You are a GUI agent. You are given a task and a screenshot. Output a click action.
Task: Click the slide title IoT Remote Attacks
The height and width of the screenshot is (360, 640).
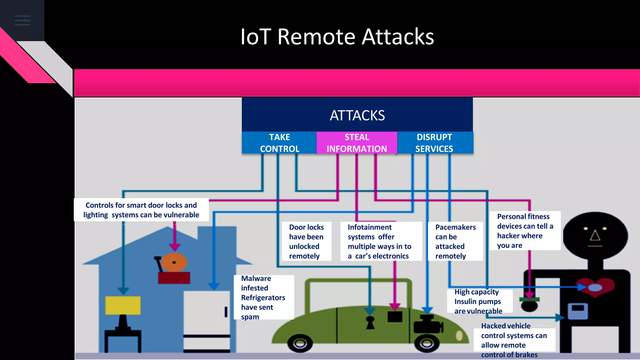(337, 37)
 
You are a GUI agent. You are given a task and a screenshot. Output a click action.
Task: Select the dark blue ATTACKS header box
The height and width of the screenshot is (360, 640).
(357, 115)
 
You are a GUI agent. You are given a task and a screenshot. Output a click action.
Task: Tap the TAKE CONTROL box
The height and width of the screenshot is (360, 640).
(279, 143)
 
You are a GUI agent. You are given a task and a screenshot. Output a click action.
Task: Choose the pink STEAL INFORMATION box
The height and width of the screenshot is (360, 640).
(357, 143)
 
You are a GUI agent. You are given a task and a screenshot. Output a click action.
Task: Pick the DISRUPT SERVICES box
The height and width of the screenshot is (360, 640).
(434, 143)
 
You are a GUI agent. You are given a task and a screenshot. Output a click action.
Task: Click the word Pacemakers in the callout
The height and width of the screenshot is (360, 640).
(455, 227)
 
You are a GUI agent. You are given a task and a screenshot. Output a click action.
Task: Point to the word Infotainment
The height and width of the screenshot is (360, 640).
(369, 227)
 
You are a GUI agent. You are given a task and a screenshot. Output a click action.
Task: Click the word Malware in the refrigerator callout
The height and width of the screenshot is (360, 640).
(256, 278)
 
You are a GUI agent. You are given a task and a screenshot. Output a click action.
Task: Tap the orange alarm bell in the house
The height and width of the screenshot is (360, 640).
(174, 262)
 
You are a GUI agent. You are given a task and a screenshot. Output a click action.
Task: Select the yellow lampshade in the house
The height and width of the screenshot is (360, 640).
(123, 305)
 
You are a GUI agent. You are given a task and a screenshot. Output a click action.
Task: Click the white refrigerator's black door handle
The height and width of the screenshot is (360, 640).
(226, 312)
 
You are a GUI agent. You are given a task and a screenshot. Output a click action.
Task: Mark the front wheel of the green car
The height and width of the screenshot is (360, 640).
(427, 343)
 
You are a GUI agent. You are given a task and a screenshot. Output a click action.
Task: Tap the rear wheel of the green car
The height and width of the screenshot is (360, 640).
(300, 343)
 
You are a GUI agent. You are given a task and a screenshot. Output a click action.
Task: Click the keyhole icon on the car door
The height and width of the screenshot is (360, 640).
(370, 322)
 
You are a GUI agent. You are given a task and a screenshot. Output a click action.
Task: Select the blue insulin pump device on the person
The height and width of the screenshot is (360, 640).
(577, 311)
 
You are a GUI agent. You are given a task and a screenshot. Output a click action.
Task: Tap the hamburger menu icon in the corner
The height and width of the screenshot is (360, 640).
(22, 20)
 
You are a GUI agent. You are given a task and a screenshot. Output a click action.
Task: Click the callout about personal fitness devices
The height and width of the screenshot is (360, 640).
(525, 231)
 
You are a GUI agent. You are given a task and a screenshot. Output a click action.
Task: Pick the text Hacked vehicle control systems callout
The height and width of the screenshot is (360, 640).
(514, 340)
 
